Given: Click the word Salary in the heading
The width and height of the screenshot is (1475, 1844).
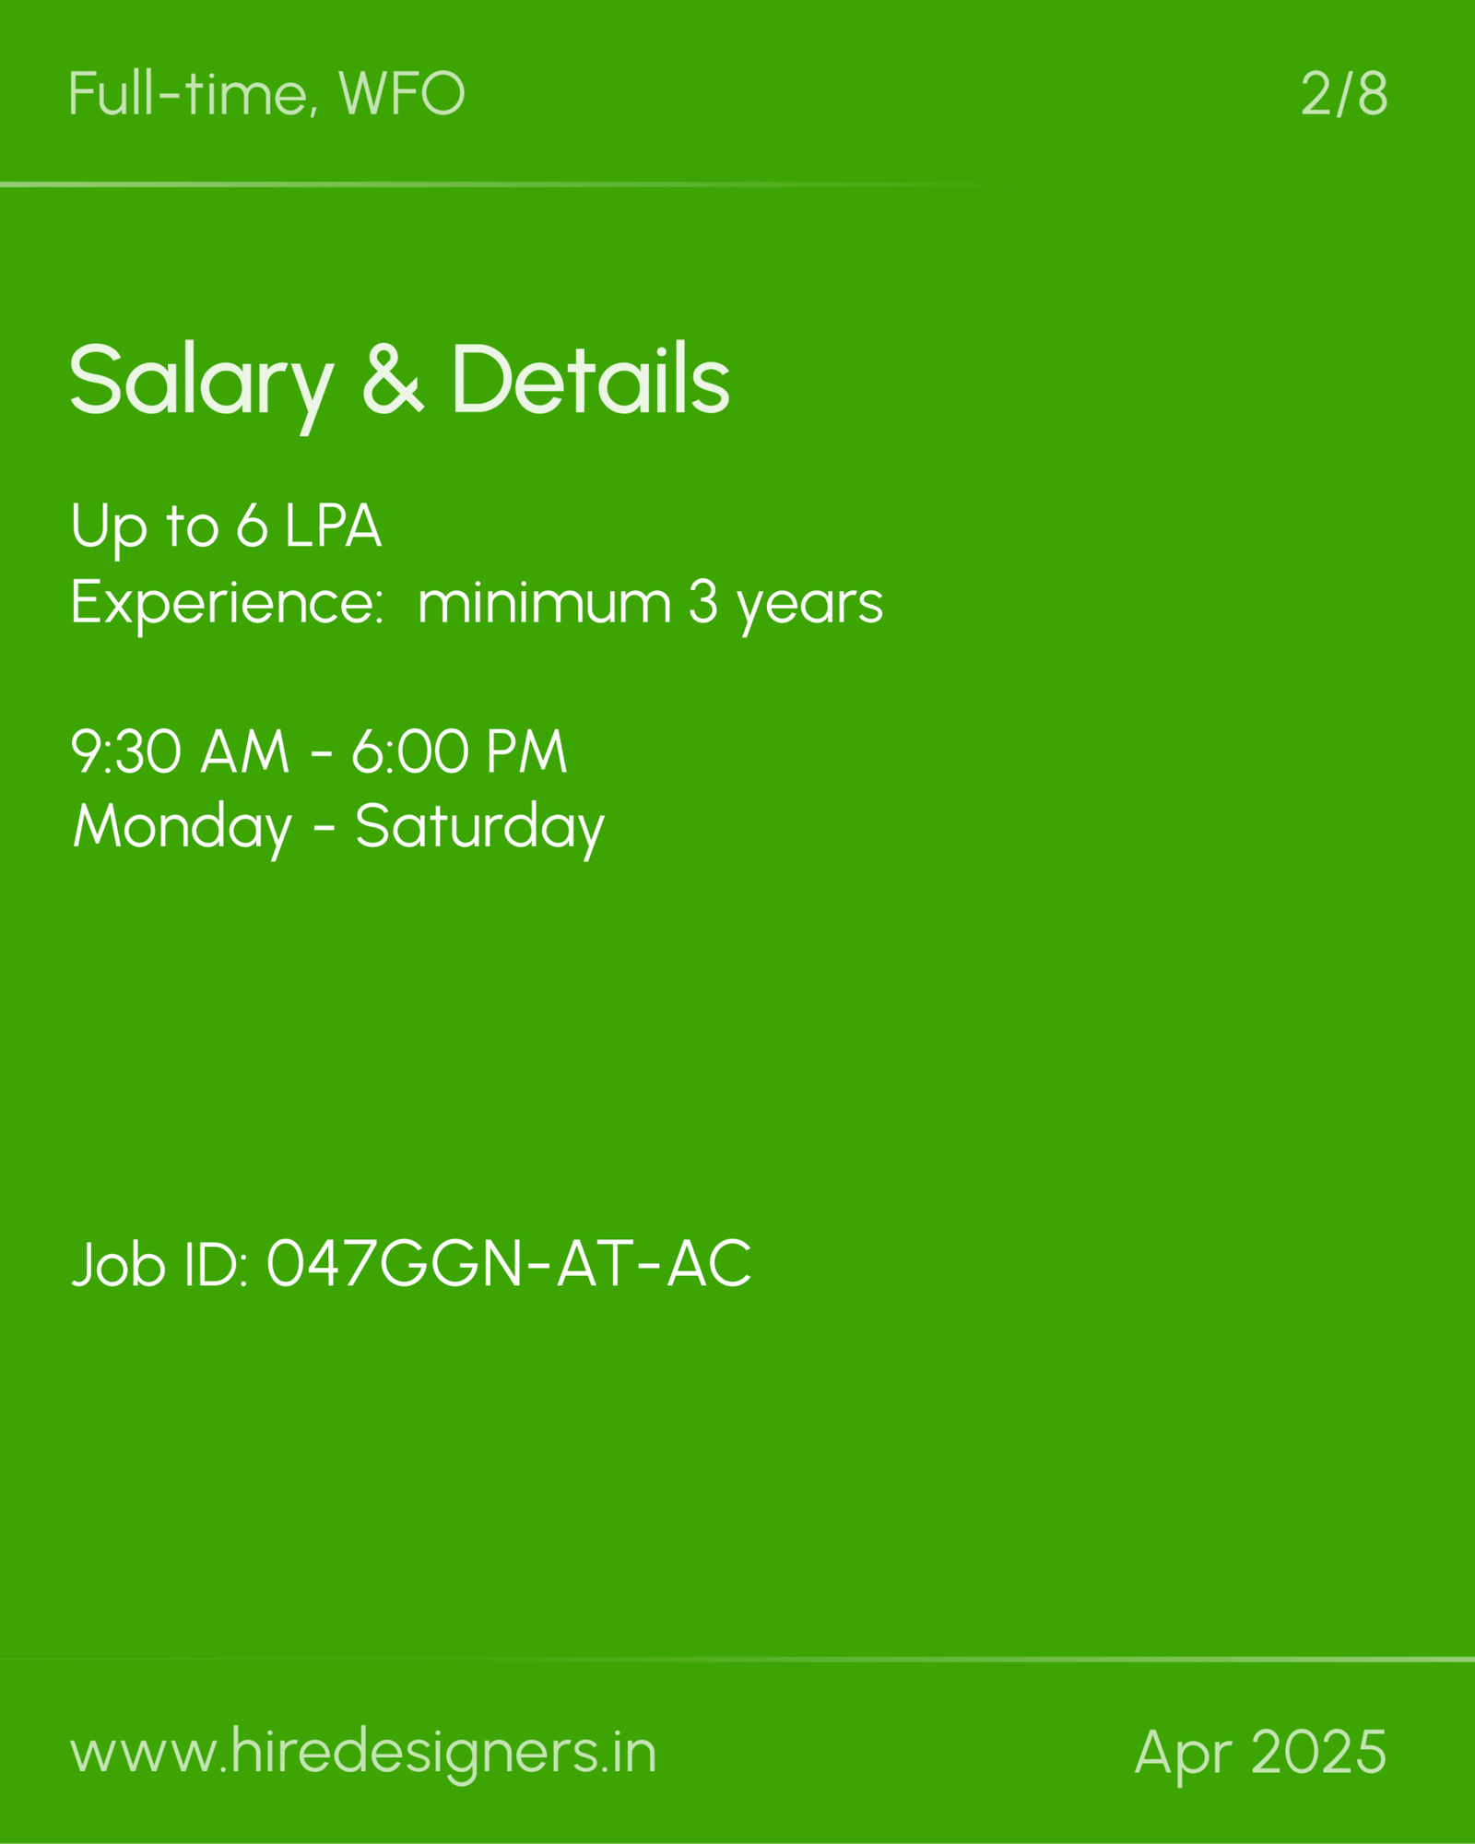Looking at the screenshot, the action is tap(201, 384).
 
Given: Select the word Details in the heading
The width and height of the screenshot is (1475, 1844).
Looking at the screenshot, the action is tap(591, 378).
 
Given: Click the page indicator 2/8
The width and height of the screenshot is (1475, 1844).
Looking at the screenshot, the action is tap(1343, 94).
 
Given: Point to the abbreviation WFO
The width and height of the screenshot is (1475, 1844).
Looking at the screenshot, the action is tap(402, 94).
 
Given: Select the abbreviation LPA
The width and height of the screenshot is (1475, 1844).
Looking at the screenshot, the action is tap(333, 526).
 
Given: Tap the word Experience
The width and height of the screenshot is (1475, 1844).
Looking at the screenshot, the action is tap(227, 606).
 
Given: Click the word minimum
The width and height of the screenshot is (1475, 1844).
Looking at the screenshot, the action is tap(544, 604).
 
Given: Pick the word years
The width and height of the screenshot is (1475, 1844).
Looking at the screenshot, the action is tap(809, 608).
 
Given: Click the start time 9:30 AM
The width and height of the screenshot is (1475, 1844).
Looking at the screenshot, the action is tap(181, 751).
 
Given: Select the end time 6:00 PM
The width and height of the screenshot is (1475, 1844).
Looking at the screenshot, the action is tap(459, 751).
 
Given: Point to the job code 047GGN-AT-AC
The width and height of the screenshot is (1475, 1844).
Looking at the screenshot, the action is tap(509, 1263).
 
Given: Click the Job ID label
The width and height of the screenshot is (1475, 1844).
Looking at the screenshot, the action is tap(159, 1263).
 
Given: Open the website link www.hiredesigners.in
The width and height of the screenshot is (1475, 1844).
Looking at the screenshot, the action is tap(363, 1752).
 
